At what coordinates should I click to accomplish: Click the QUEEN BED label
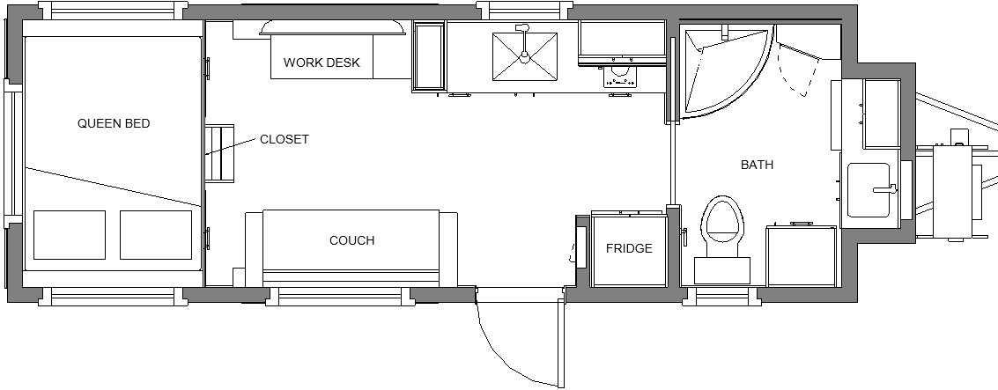pyautogui.click(x=114, y=123)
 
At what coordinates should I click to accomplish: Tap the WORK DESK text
pyautogui.click(x=322, y=63)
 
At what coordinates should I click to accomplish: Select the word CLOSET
pyautogui.click(x=284, y=139)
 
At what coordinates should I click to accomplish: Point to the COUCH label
pyautogui.click(x=352, y=240)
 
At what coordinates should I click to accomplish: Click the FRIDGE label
pyautogui.click(x=629, y=248)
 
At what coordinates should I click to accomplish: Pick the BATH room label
pyautogui.click(x=757, y=165)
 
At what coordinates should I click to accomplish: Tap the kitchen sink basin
pyautogui.click(x=524, y=56)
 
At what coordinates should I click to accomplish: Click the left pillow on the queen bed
pyautogui.click(x=70, y=235)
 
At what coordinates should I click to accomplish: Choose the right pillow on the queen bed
pyautogui.click(x=156, y=235)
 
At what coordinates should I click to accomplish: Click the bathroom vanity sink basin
pyautogui.click(x=869, y=190)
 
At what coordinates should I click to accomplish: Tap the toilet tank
pyautogui.click(x=721, y=270)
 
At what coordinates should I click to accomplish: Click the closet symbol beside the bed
pyautogui.click(x=219, y=153)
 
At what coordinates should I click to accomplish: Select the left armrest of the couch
pyautogui.click(x=254, y=249)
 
